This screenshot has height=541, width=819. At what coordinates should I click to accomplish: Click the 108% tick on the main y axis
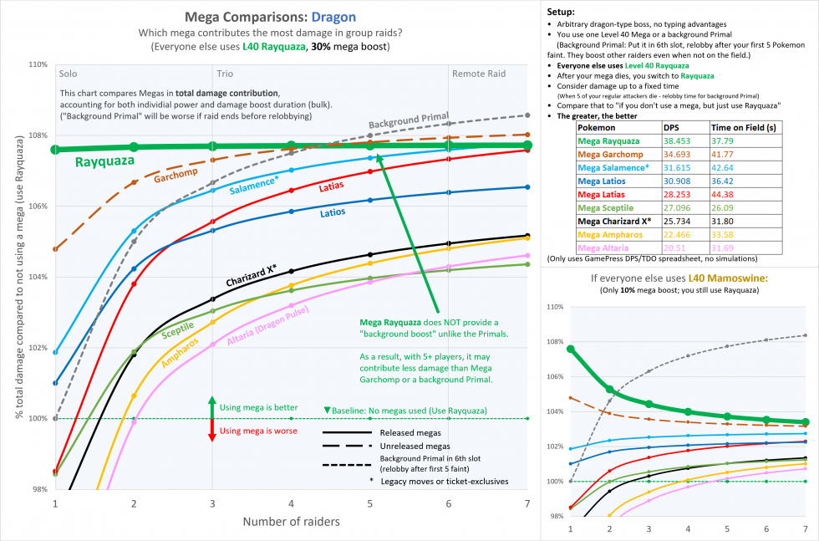pos(37,135)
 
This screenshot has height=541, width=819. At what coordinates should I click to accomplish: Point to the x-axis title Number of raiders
pos(290,522)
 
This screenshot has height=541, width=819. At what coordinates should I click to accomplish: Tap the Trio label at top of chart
pos(226,74)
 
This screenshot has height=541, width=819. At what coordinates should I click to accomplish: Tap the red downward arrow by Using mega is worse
pos(211,433)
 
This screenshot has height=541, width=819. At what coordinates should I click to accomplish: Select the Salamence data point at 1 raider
pos(55,352)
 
